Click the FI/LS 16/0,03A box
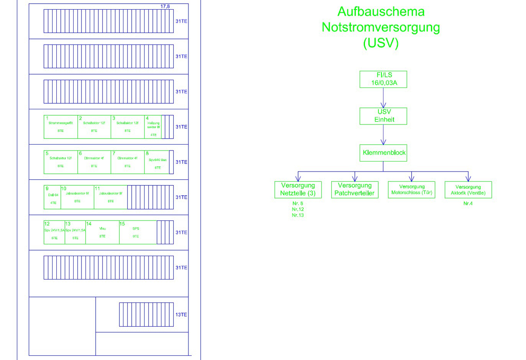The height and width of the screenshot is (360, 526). coord(383,79)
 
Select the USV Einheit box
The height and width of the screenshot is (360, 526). coord(383,116)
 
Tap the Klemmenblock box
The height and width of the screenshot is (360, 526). coord(383,153)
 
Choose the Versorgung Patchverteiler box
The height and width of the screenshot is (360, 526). coord(354,189)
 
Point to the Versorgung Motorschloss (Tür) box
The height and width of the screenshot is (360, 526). coord(411,189)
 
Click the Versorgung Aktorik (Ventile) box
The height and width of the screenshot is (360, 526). coord(468,189)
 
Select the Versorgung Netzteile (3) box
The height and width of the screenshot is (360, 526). coord(298,189)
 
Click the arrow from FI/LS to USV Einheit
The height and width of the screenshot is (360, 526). coord(383,97)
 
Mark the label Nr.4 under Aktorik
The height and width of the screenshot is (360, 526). coord(467,204)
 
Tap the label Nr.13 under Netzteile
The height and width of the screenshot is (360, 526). coord(298,215)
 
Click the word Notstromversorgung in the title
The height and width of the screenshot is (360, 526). coord(381,27)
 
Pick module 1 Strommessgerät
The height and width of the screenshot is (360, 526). coord(61,127)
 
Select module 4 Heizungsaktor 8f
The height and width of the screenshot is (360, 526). coord(153,127)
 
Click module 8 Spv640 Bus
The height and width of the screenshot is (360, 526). coord(157,162)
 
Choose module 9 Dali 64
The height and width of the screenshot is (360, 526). coord(52,197)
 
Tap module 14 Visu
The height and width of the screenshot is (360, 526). coord(102,232)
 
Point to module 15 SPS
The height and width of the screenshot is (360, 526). coord(136,232)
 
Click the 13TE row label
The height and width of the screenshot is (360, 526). coord(181,315)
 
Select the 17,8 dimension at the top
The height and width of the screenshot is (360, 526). coord(165,6)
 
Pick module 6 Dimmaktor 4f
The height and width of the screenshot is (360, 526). coord(94,162)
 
